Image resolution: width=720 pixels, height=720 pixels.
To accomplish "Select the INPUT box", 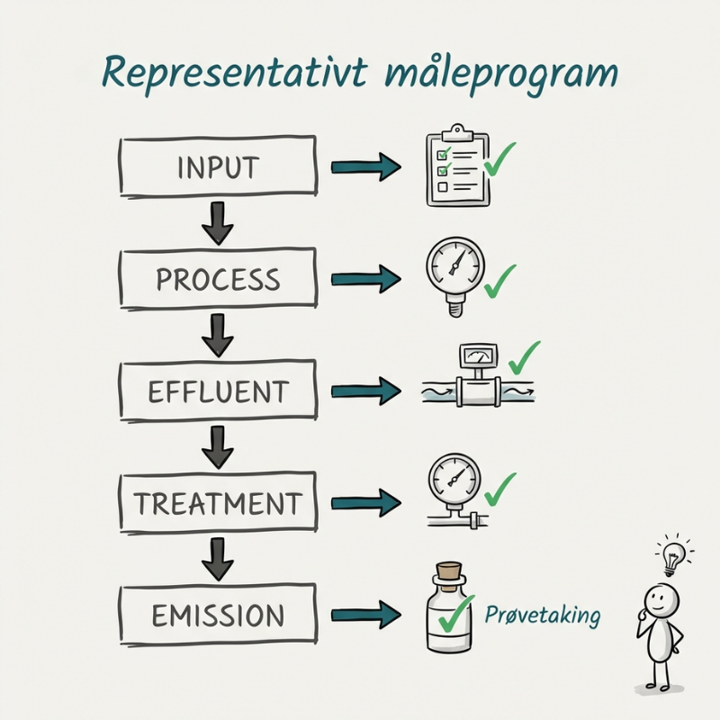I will (x=218, y=166).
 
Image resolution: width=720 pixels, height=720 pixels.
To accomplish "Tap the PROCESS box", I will (x=218, y=279).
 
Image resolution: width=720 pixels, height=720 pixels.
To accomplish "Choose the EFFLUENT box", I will (x=218, y=391).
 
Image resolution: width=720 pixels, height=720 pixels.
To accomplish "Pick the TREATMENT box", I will (x=218, y=503).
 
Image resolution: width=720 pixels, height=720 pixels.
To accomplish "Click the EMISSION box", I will (x=218, y=616).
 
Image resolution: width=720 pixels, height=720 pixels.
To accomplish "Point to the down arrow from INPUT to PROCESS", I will (x=217, y=223).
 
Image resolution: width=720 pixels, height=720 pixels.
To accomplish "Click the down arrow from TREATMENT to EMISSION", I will (x=217, y=559).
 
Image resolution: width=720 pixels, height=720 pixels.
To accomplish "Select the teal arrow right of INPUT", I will (x=364, y=166).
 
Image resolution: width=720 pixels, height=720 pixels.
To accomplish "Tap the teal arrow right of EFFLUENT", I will (x=364, y=391).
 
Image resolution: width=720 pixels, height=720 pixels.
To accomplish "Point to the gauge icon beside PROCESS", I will (x=452, y=271).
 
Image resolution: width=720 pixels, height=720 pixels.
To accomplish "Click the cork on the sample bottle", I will (x=450, y=573).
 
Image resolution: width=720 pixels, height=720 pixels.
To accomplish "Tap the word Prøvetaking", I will (x=542, y=616).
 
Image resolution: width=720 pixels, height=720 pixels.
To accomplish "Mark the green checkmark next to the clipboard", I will (x=499, y=159).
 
